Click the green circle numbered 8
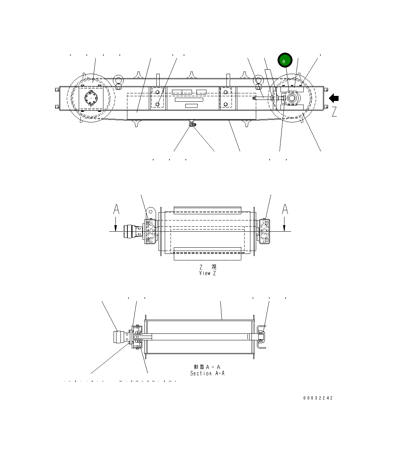click(285, 60)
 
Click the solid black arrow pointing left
click(334, 98)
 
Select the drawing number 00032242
click(318, 398)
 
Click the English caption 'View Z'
click(207, 273)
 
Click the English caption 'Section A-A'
click(207, 373)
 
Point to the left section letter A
click(116, 210)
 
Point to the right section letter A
click(285, 210)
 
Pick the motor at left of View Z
click(129, 231)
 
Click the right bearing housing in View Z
click(265, 231)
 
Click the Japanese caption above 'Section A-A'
click(207, 367)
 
